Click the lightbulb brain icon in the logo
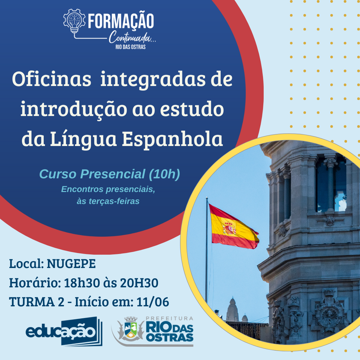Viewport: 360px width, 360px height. tap(74, 21)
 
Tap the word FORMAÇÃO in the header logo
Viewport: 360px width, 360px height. tap(121, 21)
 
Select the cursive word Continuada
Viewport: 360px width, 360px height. tap(130, 37)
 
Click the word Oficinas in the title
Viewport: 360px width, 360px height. tap(52, 79)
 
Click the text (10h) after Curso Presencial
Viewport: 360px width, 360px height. tap(164, 174)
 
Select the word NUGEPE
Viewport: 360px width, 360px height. tap(71, 264)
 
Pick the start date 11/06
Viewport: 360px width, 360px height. tap(153, 302)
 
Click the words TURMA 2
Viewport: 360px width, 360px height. tap(37, 302)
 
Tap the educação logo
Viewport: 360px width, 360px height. tap(64, 331)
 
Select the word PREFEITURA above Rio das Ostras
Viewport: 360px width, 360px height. tap(169, 318)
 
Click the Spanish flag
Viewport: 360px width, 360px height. tap(233, 227)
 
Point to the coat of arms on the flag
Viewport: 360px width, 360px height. tap(229, 228)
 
